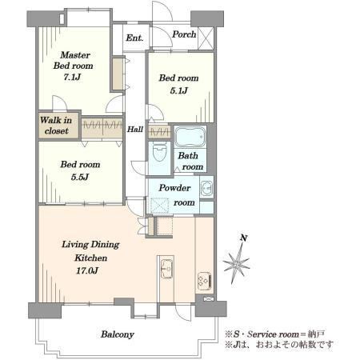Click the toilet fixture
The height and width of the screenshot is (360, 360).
click(159, 151)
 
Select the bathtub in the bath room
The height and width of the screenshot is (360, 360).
click(190, 136)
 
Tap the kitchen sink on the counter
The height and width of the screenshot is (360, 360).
click(166, 269)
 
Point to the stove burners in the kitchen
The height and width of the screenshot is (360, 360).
click(205, 281)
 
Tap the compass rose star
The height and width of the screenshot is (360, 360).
click(237, 264)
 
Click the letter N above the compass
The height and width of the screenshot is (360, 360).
click(243, 238)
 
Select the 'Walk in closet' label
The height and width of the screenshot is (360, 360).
click(56, 126)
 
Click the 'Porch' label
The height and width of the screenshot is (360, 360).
click(184, 34)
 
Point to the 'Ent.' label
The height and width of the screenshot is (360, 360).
click(134, 38)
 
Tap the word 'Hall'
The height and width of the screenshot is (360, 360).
click(135, 130)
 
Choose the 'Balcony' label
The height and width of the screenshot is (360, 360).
click(118, 334)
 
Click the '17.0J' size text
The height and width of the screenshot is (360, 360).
click(87, 271)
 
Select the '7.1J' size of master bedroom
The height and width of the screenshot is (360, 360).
click(72, 77)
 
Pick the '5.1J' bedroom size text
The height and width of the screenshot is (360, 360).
click(179, 90)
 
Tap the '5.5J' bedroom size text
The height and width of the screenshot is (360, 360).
click(80, 177)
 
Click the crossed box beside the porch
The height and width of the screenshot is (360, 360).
click(206, 38)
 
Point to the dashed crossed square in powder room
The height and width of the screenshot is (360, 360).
click(159, 206)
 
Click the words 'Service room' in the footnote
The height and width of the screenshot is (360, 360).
click(273, 334)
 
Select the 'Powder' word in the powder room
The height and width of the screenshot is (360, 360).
click(174, 188)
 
